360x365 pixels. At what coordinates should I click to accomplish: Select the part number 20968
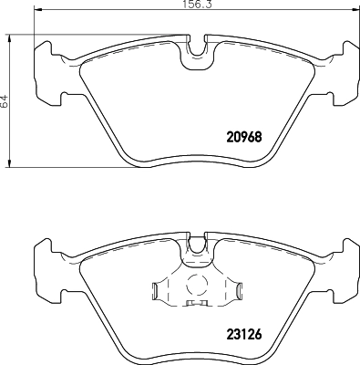[x=243, y=138]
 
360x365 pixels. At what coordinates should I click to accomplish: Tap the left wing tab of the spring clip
[x=157, y=292]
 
